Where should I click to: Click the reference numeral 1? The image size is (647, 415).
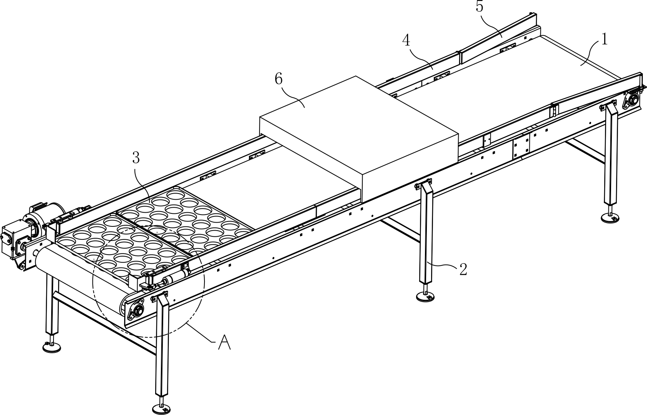tap(604, 40)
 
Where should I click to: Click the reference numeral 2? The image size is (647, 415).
tap(463, 270)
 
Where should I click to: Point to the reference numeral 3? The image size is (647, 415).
tap(136, 157)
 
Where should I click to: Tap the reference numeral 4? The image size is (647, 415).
tap(406, 40)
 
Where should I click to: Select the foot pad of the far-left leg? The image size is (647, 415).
tap(52, 347)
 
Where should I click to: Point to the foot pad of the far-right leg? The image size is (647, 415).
tap(611, 218)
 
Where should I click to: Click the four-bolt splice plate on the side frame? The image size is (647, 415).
tap(521, 146)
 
